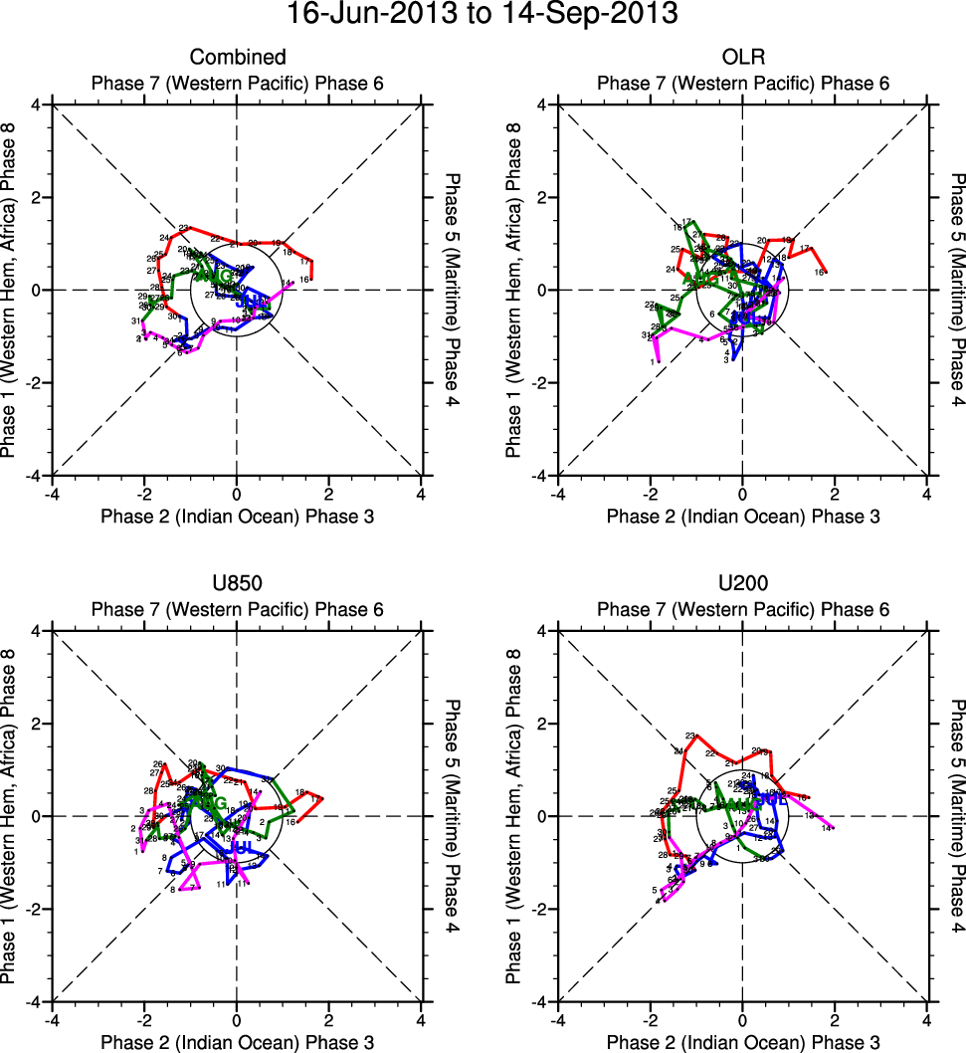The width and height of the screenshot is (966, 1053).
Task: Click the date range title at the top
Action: pos(483,15)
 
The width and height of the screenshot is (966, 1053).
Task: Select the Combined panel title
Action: pos(238,58)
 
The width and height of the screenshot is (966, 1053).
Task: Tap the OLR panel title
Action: pos(742,58)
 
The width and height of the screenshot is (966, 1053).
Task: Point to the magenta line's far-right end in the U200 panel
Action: pos(834,827)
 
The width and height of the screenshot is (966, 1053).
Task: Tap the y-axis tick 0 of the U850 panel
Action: pos(38,816)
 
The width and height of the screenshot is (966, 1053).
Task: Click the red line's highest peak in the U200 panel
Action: pos(696,736)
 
